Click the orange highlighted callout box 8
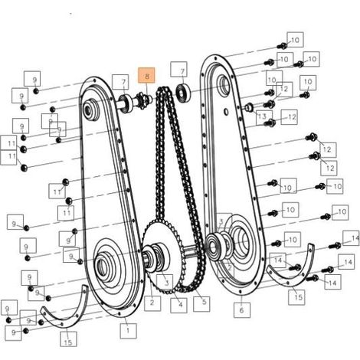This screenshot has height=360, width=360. [x=146, y=75]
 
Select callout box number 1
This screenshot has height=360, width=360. [x=128, y=331]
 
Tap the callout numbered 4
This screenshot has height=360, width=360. [x=178, y=305]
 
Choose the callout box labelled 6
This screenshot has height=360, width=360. [x=242, y=309]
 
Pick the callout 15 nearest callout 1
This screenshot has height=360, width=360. [x=68, y=339]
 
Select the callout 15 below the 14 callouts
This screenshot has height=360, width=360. [x=296, y=297]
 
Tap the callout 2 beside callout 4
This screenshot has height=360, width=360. [x=152, y=303]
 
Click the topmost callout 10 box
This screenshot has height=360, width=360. [x=295, y=40]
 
